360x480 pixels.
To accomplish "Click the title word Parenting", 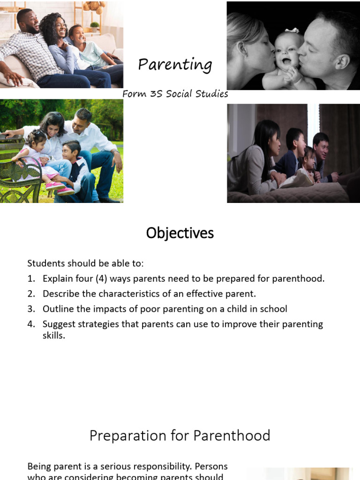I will click(175, 65).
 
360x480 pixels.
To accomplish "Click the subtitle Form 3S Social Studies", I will click(175, 94).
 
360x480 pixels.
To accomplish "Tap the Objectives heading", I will click(180, 233).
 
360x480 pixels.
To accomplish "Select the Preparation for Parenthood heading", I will click(180, 436).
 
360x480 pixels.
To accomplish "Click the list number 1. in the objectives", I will click(31, 278).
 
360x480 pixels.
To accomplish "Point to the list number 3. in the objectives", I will click(31, 309).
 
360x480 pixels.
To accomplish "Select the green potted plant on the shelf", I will click(95, 25).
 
